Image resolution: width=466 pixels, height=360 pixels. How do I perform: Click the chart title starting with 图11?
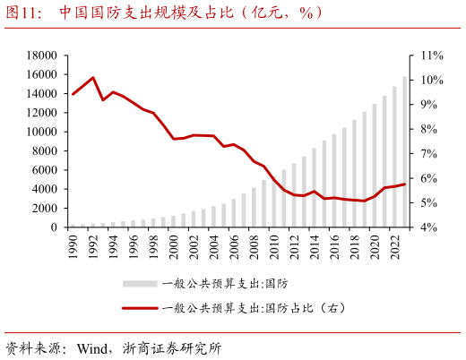(161, 13)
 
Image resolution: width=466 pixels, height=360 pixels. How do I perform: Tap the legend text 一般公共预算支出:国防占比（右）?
(254, 308)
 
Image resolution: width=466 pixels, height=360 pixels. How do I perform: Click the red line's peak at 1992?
(94, 78)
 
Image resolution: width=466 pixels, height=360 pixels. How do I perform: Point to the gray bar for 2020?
(375, 166)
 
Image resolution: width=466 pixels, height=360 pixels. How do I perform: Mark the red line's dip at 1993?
(104, 99)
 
